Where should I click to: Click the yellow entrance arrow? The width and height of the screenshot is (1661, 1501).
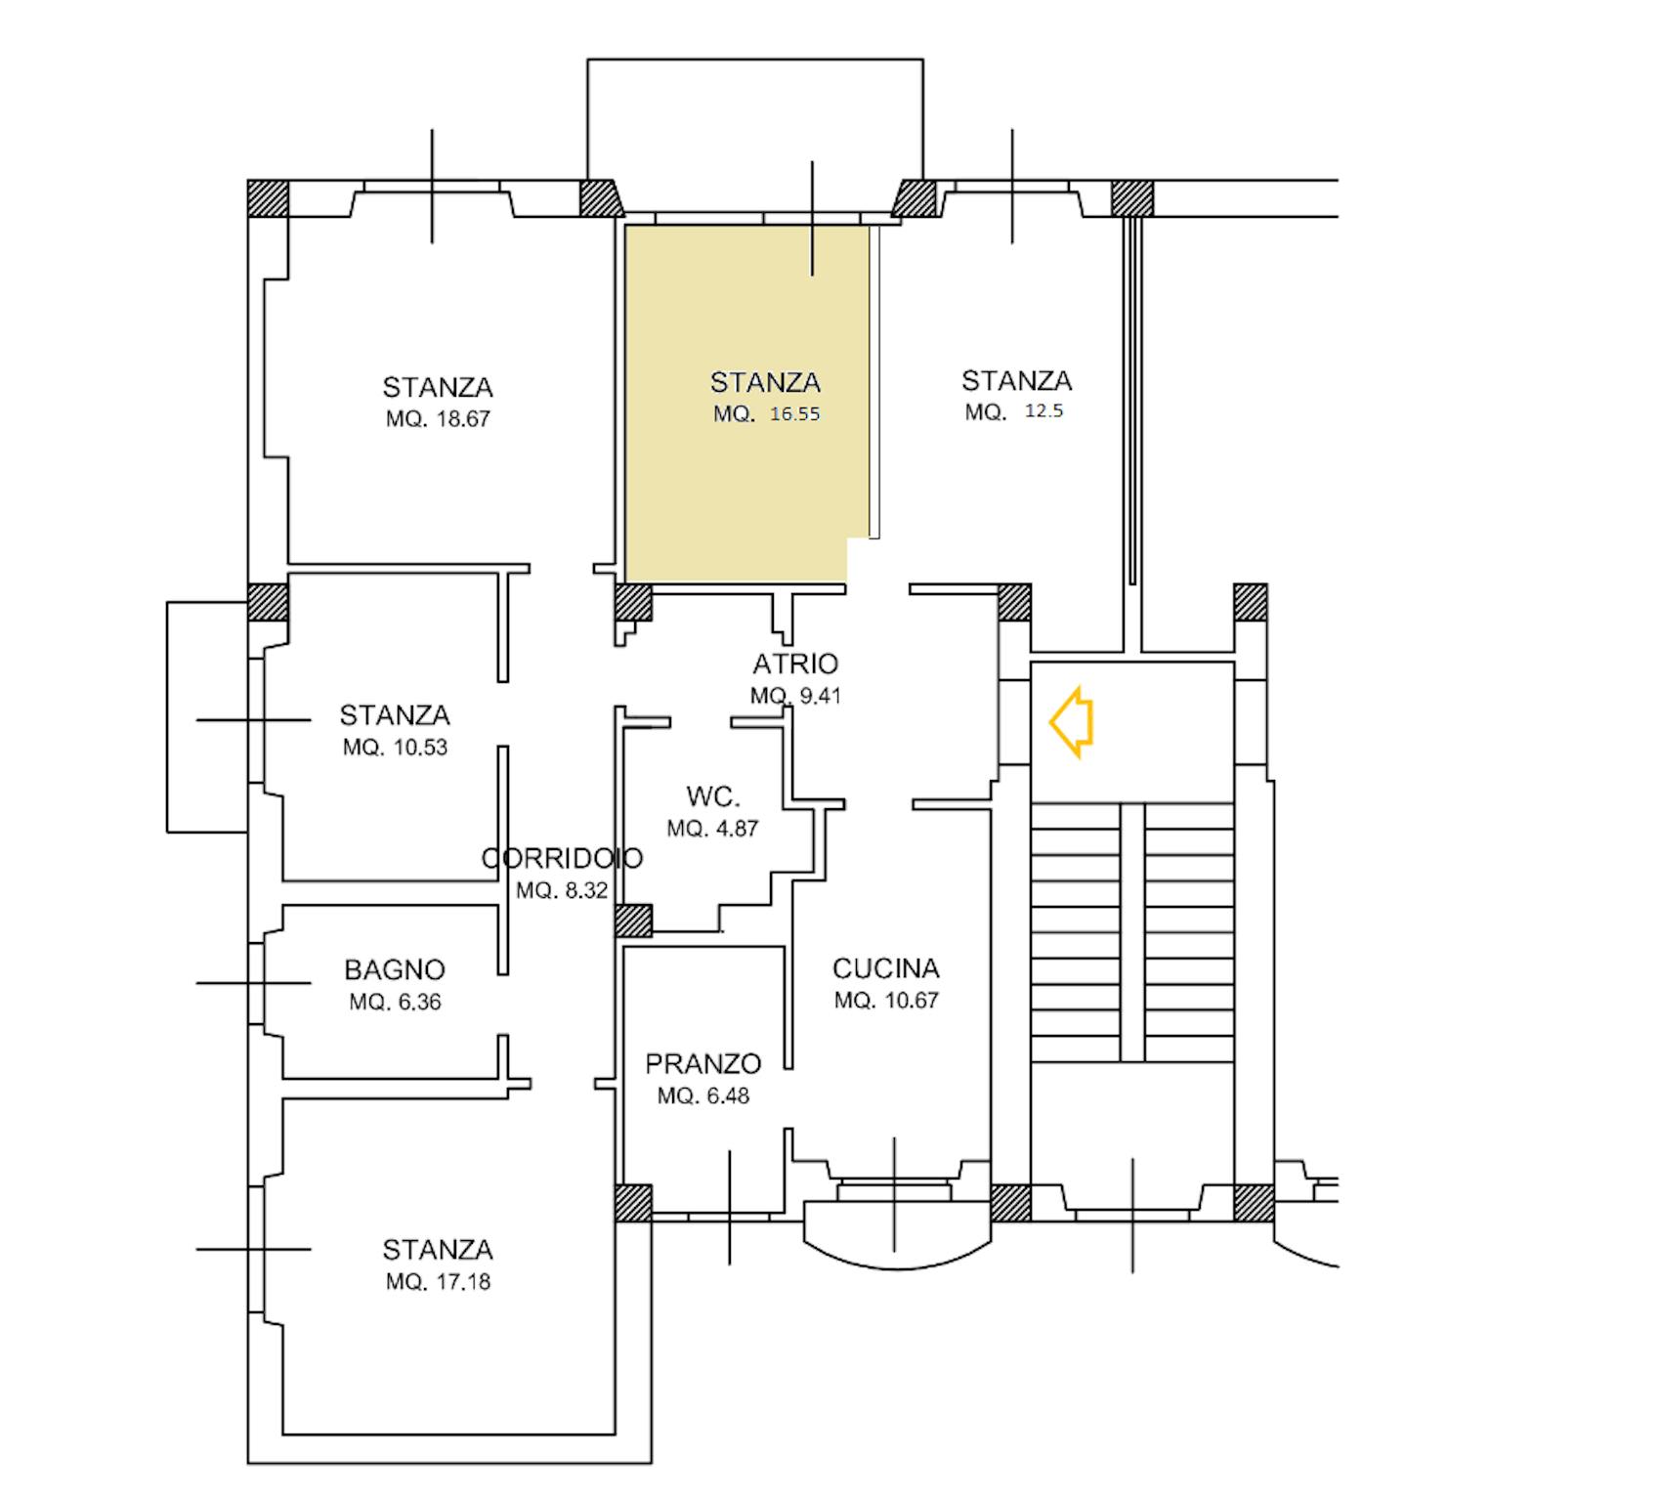coord(1071,722)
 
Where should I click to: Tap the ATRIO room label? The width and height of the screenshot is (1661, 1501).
coord(795,665)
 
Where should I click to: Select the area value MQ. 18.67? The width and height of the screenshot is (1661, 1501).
coord(438,419)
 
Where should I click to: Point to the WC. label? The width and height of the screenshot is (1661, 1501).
coord(713,796)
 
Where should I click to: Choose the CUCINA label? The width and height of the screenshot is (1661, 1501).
coord(886,968)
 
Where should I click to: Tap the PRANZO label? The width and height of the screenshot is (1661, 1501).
coord(703,1063)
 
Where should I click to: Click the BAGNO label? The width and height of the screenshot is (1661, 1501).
coord(395,970)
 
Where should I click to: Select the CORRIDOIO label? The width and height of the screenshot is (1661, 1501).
coord(563,858)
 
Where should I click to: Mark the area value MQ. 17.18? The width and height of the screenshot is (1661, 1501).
coord(438,1282)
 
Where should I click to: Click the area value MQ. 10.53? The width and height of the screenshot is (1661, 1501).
coord(395,748)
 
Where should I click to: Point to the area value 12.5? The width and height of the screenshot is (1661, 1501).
coord(1043,411)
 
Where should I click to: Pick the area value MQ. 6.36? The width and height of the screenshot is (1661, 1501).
coord(395,1003)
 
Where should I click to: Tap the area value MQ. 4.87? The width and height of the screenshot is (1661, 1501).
coord(712,829)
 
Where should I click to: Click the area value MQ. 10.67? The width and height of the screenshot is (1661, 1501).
coord(886,1001)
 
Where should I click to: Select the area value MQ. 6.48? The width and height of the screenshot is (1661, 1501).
coord(703,1096)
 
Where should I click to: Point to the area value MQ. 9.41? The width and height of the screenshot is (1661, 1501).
coord(795,697)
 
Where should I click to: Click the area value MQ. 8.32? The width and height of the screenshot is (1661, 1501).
coord(562,891)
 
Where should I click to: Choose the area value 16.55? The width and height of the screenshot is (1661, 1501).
coord(794,413)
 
